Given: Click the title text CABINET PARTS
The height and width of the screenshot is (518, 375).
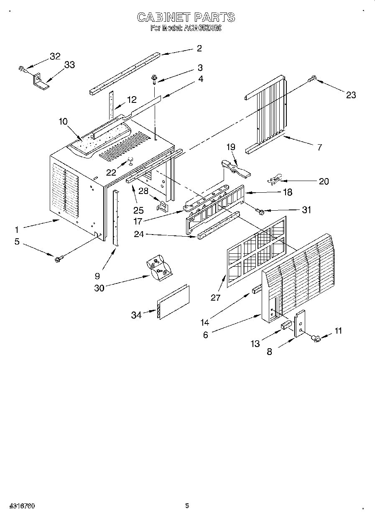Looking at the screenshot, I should (x=186, y=17).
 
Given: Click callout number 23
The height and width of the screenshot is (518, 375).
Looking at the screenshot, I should (x=351, y=95).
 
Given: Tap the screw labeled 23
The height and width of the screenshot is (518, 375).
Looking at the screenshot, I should (x=313, y=78).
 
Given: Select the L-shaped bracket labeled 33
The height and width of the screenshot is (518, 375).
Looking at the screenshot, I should (x=41, y=81).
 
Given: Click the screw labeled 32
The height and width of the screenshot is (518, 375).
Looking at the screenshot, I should (x=22, y=69).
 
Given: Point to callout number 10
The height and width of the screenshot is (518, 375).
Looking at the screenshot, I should (x=63, y=122).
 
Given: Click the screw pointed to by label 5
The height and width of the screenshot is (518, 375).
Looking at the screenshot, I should (x=58, y=259).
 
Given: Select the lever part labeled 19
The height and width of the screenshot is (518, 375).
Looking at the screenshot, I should (x=235, y=166).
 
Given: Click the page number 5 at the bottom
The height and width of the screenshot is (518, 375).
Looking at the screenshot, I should (x=187, y=505).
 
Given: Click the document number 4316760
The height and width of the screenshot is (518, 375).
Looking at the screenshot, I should (x=21, y=506).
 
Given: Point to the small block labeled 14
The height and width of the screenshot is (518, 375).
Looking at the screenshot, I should (x=256, y=290).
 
